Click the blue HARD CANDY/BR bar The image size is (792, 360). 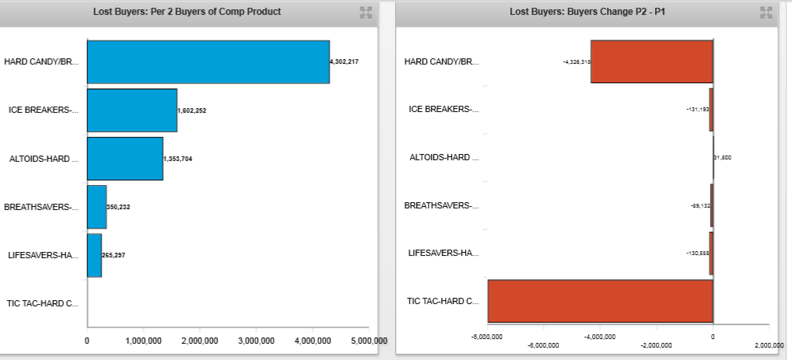pyautogui.click(x=208, y=61)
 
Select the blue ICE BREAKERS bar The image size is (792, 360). pyautogui.click(x=131, y=110)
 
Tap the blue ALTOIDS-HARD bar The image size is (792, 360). pyautogui.click(x=124, y=159)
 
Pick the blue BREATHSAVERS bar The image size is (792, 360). pyautogui.click(x=96, y=207)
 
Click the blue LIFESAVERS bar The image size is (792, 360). pyautogui.click(x=94, y=255)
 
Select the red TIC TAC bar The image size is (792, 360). pyautogui.click(x=600, y=301)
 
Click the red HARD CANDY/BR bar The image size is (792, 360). pyautogui.click(x=651, y=61)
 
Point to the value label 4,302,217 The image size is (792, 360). pyautogui.click(x=344, y=61)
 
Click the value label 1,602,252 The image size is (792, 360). pyautogui.click(x=192, y=110)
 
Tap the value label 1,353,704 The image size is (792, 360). pyautogui.click(x=177, y=159)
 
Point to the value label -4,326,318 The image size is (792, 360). pyautogui.click(x=576, y=61)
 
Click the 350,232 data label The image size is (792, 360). pyautogui.click(x=120, y=207)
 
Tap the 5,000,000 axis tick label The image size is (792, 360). pyautogui.click(x=369, y=341)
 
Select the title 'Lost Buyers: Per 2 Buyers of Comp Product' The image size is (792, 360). pyautogui.click(x=187, y=12)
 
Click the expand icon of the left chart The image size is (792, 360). pyautogui.click(x=366, y=12)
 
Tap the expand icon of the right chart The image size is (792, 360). pyautogui.click(x=766, y=12)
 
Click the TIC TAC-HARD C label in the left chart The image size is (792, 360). pyautogui.click(x=41, y=303)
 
